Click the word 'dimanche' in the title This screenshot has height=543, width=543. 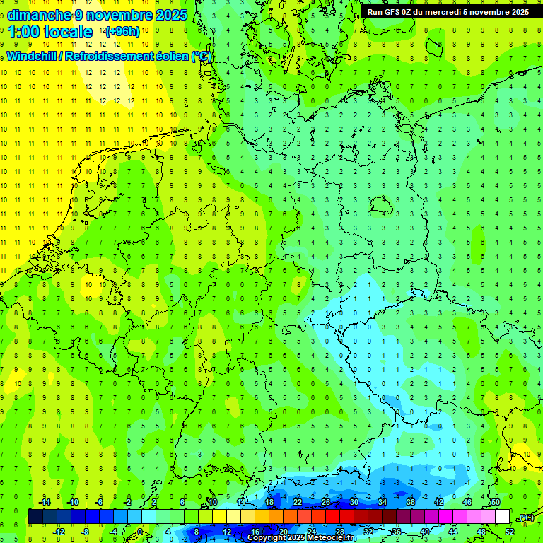39,15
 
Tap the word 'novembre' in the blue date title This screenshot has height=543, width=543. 120,15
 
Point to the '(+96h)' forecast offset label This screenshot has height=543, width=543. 122,32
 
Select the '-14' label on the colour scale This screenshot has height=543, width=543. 45,502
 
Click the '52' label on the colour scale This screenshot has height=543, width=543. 509,532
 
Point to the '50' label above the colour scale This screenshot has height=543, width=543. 496,502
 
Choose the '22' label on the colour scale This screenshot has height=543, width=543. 297,502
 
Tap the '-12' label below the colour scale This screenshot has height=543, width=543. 59,532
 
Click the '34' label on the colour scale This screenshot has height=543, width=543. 382,502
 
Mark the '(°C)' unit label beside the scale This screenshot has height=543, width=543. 526,518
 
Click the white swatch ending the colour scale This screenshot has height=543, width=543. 502,517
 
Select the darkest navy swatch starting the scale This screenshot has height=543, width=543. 35,517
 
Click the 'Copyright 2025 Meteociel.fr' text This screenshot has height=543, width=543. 301,538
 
